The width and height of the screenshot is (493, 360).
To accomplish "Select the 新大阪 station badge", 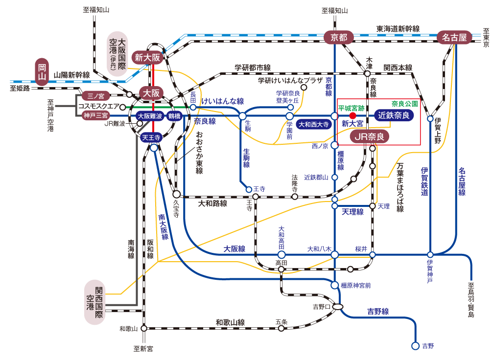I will click(x=148, y=57).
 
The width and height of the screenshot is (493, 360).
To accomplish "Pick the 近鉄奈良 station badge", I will click(x=394, y=115).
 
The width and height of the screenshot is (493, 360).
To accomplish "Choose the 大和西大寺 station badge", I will click(x=314, y=124).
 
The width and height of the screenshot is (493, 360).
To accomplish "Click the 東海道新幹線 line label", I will click(x=398, y=29).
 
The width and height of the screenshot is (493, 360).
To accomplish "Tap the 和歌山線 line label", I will click(x=230, y=322).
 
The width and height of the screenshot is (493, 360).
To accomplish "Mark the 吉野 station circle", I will click(x=416, y=346).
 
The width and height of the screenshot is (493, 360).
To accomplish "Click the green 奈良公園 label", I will click(x=405, y=104).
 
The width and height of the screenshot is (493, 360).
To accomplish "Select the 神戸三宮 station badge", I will click(x=95, y=116).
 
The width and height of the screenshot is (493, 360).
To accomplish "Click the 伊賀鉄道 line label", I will click(x=424, y=181).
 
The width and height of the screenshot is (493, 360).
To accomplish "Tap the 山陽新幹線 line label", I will click(x=72, y=75).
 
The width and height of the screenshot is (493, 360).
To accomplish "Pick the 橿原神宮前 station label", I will click(x=355, y=285).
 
